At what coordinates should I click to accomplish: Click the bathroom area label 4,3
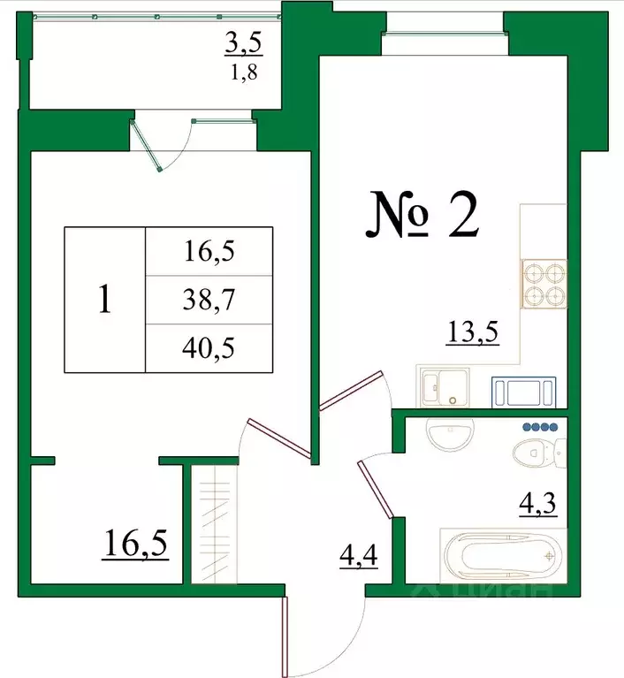pos(536,507)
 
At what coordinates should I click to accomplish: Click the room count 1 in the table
pos(104,301)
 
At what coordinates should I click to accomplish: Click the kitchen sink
pos(445,387)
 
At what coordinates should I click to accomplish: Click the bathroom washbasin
pos(451,433)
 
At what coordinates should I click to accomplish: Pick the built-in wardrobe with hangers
pos(213,525)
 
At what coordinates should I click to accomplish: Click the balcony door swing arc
pos(173,146)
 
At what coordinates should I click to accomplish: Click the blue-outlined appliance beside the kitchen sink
pos(524,389)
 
